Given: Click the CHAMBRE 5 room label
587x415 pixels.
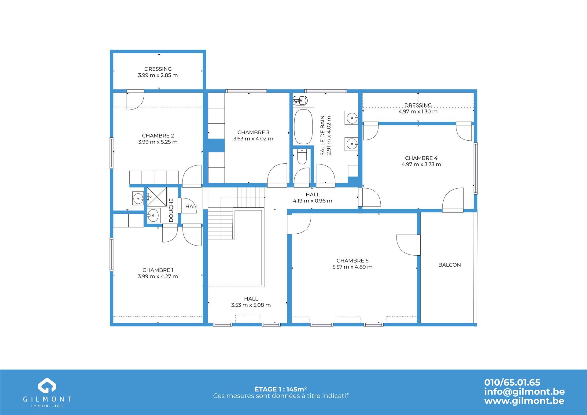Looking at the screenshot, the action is click(x=352, y=261).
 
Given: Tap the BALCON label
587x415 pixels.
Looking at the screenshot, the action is click(x=449, y=265).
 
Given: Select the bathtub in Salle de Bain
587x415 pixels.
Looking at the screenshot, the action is click(x=303, y=127).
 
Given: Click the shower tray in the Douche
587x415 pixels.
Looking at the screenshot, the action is click(x=157, y=197).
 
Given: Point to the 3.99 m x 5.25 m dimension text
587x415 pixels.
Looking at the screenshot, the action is click(x=158, y=142).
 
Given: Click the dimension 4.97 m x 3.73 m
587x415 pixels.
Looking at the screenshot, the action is click(x=421, y=164).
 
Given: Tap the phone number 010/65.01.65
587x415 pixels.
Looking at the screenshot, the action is click(x=512, y=382).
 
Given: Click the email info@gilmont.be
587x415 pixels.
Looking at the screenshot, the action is click(x=524, y=391).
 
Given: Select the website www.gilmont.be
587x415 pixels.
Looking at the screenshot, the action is click(x=524, y=401).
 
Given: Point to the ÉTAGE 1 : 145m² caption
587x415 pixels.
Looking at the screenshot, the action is click(x=281, y=389).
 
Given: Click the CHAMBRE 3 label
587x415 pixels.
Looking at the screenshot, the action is click(x=253, y=132).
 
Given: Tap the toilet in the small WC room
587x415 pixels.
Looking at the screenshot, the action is click(x=302, y=156).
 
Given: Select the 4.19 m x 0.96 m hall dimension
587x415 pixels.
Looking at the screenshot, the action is click(x=312, y=201).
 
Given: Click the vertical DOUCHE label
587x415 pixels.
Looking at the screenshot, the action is click(x=171, y=210).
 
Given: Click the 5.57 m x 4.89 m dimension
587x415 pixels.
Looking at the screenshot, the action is click(x=352, y=267).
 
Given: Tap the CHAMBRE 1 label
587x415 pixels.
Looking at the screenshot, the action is click(x=158, y=270).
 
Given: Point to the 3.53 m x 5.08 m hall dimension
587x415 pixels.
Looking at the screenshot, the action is click(x=251, y=305).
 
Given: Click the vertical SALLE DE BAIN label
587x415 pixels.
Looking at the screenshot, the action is click(x=322, y=135).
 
